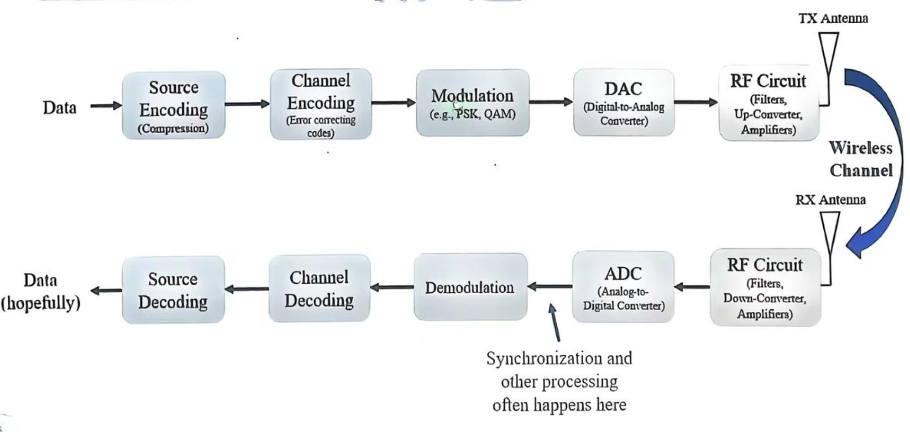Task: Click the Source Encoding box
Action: pyautogui.click(x=173, y=105)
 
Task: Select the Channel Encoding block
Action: pyautogui.click(x=321, y=104)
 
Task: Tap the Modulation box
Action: pyautogui.click(x=472, y=103)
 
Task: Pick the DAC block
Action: pyautogui.click(x=623, y=103)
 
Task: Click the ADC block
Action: pyautogui.click(x=623, y=287)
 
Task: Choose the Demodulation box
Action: pyautogui.click(x=470, y=287)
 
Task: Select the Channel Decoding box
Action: pyautogui.click(x=319, y=288)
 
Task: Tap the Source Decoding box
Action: pyautogui.click(x=173, y=290)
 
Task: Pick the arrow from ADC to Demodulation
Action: pyautogui.click(x=549, y=286)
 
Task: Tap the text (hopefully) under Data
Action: pyautogui.click(x=40, y=303)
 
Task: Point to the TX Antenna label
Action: pyautogui.click(x=833, y=19)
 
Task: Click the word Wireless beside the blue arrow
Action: pyautogui.click(x=860, y=148)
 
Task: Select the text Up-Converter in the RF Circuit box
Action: pyautogui.click(x=768, y=114)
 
